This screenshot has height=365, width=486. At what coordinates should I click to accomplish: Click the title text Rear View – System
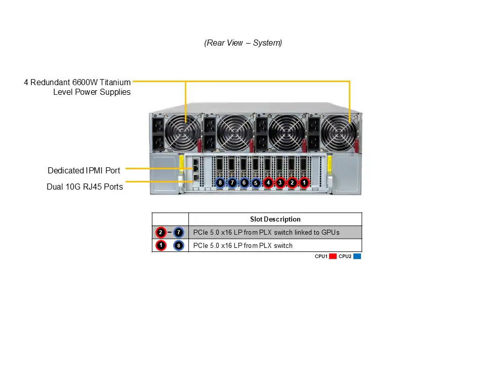click(x=243, y=43)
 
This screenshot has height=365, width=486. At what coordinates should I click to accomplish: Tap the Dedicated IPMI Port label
click(x=84, y=170)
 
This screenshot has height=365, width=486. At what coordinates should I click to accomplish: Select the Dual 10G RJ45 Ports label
click(x=85, y=187)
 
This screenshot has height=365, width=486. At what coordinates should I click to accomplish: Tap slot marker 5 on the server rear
click(x=256, y=182)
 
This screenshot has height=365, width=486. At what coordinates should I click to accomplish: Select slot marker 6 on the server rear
click(x=244, y=182)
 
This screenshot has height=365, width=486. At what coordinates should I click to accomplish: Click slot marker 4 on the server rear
click(x=268, y=182)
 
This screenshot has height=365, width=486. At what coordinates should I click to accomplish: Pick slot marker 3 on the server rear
click(x=280, y=182)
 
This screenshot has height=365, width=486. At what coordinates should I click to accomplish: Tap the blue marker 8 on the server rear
click(x=220, y=182)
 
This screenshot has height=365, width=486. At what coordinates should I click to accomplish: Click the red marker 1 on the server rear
click(x=304, y=182)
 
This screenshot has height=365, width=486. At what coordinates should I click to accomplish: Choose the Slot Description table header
click(x=275, y=220)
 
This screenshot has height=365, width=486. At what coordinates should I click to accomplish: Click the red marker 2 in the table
click(x=160, y=233)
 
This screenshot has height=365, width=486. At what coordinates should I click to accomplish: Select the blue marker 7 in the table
click(x=179, y=233)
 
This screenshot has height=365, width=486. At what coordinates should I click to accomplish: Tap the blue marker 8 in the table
click(x=179, y=246)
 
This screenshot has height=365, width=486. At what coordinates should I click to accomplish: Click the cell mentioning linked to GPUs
click(x=266, y=233)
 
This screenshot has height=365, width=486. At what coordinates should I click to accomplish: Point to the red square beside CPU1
click(x=333, y=257)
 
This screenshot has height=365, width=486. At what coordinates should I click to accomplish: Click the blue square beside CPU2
click(x=357, y=257)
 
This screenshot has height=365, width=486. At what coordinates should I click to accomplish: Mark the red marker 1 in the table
click(x=160, y=246)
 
